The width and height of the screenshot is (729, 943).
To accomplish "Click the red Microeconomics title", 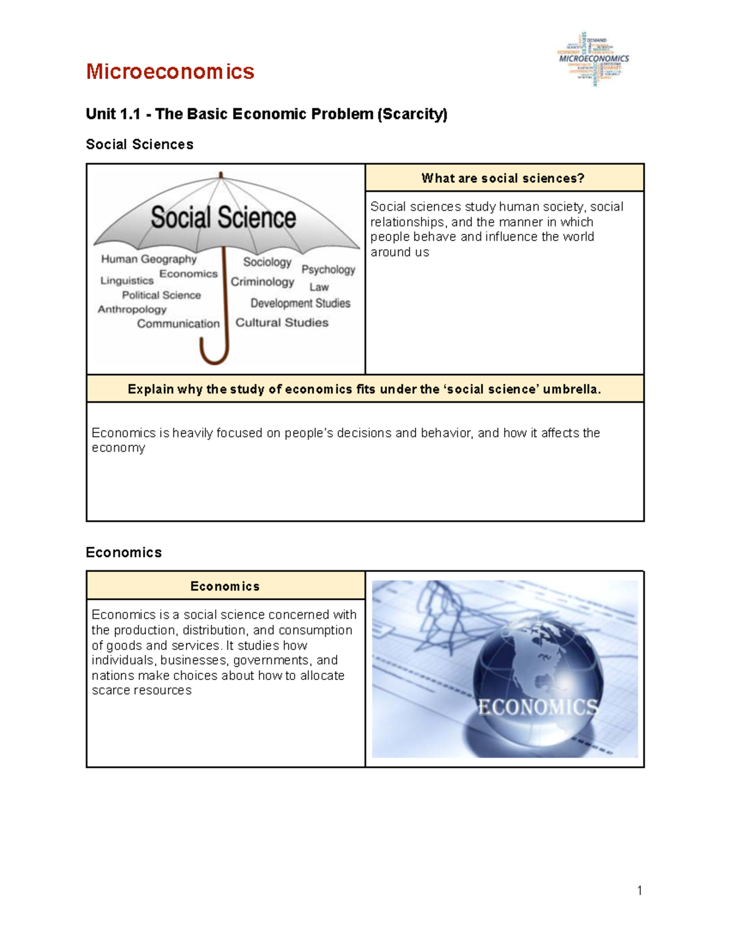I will [169, 72].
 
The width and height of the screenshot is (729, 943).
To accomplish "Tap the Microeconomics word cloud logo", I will [594, 59].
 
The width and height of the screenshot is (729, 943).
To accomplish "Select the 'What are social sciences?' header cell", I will [504, 178].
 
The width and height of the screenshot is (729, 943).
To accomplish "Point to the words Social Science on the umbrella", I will [223, 217].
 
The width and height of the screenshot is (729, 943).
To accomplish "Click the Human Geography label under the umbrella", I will [149, 259].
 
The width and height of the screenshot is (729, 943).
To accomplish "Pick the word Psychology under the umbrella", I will [328, 269].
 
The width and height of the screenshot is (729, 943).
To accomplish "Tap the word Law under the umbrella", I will [319, 287].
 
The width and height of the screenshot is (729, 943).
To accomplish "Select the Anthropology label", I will [132, 309].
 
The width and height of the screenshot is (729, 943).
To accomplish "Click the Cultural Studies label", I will [282, 322].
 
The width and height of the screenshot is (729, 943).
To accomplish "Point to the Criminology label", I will [262, 282].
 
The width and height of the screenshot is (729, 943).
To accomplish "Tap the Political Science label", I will [161, 295].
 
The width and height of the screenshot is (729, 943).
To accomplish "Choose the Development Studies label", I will [300, 303].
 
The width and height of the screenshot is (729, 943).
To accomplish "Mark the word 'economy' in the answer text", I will [118, 448].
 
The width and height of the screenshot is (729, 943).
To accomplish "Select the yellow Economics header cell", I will [225, 586].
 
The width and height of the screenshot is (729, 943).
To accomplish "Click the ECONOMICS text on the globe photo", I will [537, 707].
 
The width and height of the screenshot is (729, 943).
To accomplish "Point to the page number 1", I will [639, 891].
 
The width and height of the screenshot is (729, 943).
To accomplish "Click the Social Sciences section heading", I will [140, 145].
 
